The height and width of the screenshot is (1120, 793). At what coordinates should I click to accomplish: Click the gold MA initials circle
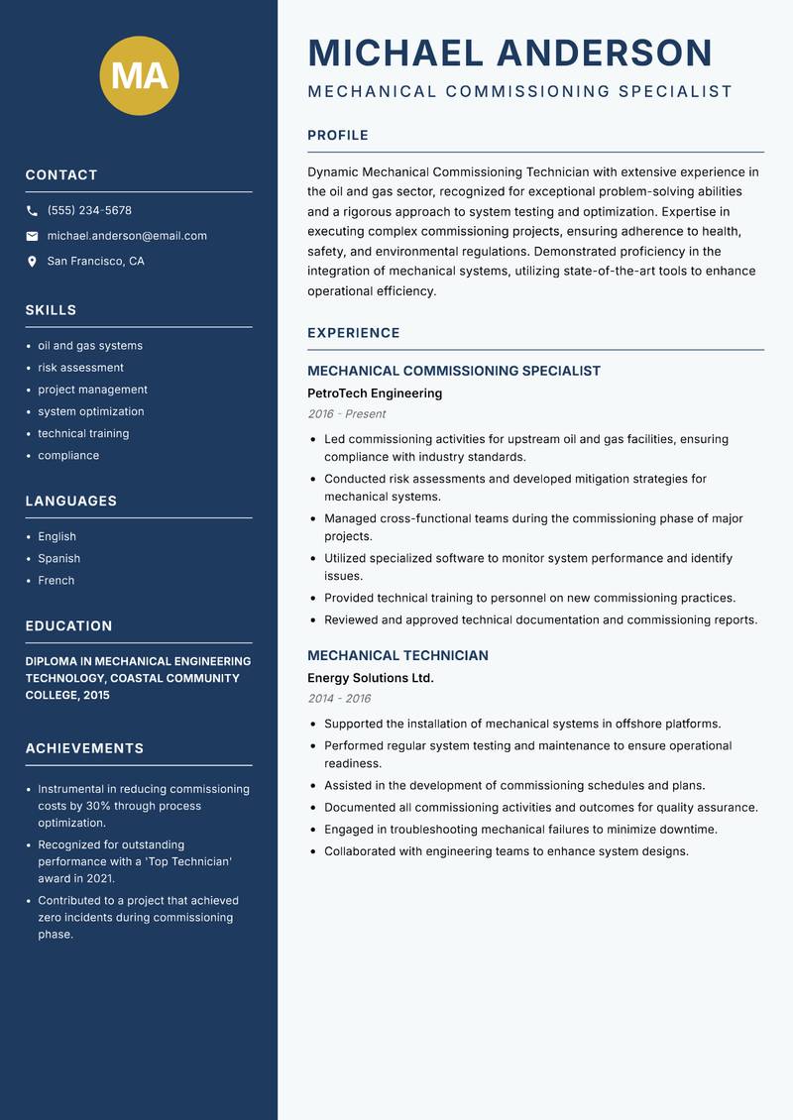click(x=139, y=75)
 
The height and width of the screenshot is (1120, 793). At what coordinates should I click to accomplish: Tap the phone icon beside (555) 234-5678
click(x=32, y=211)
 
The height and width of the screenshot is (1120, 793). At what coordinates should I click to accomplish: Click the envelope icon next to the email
click(x=32, y=236)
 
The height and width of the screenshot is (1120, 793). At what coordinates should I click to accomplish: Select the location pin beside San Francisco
click(x=32, y=262)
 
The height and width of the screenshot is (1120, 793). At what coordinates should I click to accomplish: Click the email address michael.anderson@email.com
click(x=127, y=236)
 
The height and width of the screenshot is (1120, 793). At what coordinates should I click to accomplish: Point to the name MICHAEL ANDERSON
click(x=510, y=53)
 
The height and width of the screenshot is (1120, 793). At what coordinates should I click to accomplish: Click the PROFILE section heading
click(x=338, y=135)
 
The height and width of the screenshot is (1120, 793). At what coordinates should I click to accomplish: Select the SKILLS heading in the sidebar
click(x=51, y=310)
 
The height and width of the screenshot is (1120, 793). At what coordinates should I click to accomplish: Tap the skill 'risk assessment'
click(x=80, y=368)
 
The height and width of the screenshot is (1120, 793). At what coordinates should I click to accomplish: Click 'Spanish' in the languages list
click(x=58, y=559)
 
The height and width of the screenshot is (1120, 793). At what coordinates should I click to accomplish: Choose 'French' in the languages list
click(x=56, y=581)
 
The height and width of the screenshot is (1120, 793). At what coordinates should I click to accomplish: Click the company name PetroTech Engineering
click(x=375, y=393)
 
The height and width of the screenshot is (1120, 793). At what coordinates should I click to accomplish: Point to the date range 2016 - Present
click(x=346, y=414)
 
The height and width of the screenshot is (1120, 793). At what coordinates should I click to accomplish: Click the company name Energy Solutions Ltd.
click(x=371, y=678)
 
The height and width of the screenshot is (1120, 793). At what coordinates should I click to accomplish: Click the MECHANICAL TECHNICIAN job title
click(x=397, y=655)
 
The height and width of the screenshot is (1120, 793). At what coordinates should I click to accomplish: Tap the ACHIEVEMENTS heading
click(x=84, y=748)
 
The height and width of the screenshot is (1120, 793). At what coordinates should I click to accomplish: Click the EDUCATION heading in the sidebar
click(x=68, y=626)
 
